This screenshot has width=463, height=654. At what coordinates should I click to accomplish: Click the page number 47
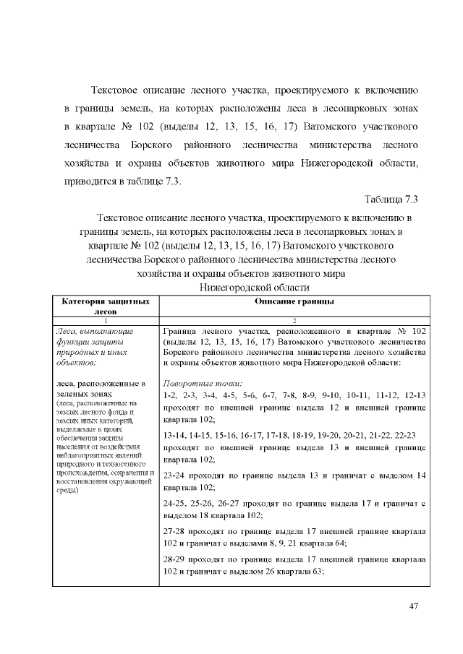[x=414, y=606]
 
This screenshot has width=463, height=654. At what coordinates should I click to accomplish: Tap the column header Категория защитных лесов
[x=106, y=305]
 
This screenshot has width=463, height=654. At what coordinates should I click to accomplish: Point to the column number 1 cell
[x=106, y=319]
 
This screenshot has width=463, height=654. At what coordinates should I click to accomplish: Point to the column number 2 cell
[x=294, y=319]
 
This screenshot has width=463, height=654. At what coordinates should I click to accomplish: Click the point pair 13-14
[x=176, y=436]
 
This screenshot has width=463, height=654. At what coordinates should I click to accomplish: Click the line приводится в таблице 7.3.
[x=121, y=181]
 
